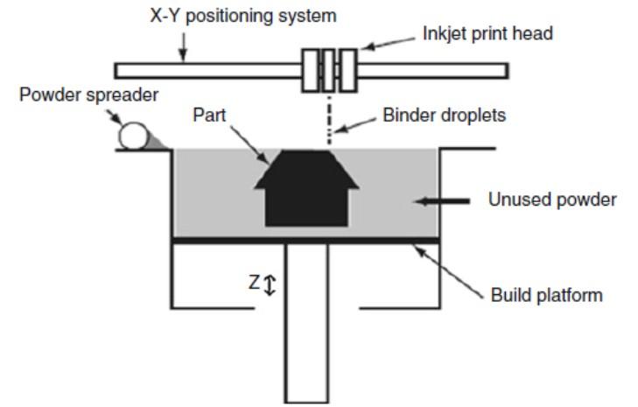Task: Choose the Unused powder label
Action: (552, 200)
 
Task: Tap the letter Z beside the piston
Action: (254, 283)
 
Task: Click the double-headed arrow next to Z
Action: (270, 284)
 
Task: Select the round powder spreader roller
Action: (135, 137)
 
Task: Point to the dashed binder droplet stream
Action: (329, 118)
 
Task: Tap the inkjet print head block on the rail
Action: (328, 70)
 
